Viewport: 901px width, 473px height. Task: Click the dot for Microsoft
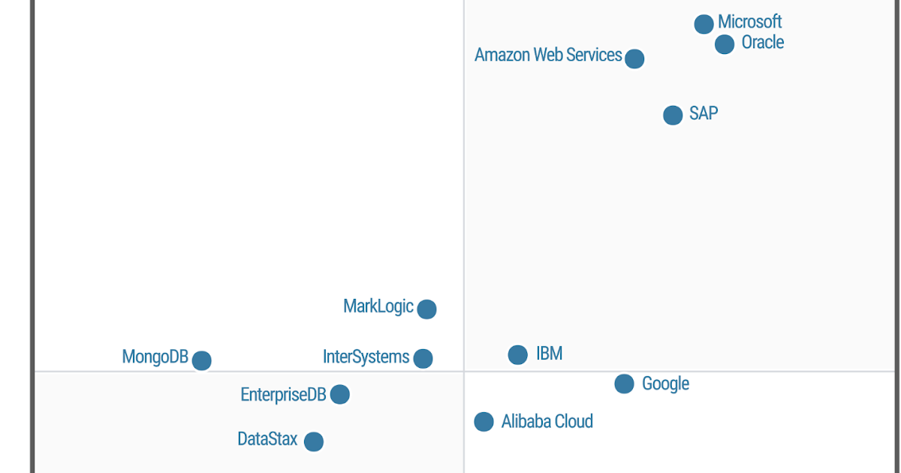pyautogui.click(x=704, y=24)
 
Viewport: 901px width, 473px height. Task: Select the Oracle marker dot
pyautogui.click(x=725, y=44)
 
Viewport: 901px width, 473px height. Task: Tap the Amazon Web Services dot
pyautogui.click(x=634, y=59)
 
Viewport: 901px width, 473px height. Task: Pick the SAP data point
pyautogui.click(x=673, y=115)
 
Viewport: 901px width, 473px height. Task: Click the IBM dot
pyautogui.click(x=517, y=354)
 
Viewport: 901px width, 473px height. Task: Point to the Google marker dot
pyautogui.click(x=624, y=384)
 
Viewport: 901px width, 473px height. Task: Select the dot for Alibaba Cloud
pyautogui.click(x=484, y=422)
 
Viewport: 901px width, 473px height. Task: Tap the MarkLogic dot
pyautogui.click(x=426, y=309)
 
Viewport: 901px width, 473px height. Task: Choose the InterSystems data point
pyautogui.click(x=423, y=358)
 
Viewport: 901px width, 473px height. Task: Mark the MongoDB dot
pyautogui.click(x=201, y=360)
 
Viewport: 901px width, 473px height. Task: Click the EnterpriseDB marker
pyautogui.click(x=339, y=394)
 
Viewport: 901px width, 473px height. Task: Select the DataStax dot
pyautogui.click(x=314, y=441)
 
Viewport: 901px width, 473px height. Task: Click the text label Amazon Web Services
pyautogui.click(x=548, y=56)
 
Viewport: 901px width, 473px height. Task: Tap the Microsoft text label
pyautogui.click(x=749, y=22)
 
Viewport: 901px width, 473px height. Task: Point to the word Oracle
pyautogui.click(x=762, y=43)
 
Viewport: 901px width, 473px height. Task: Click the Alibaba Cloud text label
pyautogui.click(x=547, y=422)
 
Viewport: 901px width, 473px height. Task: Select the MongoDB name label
pyautogui.click(x=155, y=357)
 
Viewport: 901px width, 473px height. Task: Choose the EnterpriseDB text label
pyautogui.click(x=283, y=395)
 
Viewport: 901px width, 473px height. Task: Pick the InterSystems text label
pyautogui.click(x=366, y=357)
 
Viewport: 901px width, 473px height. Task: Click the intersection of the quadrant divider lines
pyautogui.click(x=464, y=372)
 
